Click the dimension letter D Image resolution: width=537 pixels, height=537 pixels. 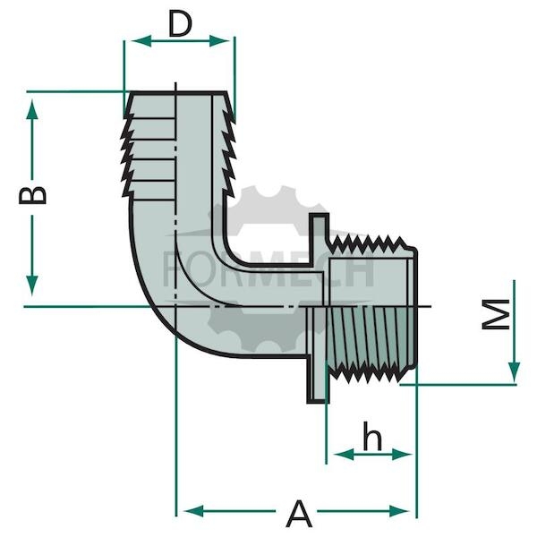(180, 25)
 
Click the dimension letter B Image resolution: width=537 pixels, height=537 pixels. (32, 195)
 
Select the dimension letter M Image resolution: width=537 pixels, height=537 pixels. (496, 314)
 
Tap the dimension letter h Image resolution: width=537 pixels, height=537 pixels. (372, 436)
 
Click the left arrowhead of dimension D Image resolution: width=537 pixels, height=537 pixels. (141, 41)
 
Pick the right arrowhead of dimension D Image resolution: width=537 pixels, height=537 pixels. (219, 41)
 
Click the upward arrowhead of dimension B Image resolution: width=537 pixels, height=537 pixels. (32, 109)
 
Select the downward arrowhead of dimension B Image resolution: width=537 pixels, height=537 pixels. (32, 285)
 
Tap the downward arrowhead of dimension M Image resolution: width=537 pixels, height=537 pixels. (514, 372)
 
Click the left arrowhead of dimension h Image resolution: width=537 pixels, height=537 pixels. (344, 455)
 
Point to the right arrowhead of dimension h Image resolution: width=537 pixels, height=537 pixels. (402, 455)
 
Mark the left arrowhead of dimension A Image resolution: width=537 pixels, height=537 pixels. (194, 511)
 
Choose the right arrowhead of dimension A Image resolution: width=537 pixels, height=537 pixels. (399, 511)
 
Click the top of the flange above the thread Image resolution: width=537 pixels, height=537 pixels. (319, 216)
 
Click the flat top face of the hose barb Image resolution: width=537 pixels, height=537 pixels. (179, 92)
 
